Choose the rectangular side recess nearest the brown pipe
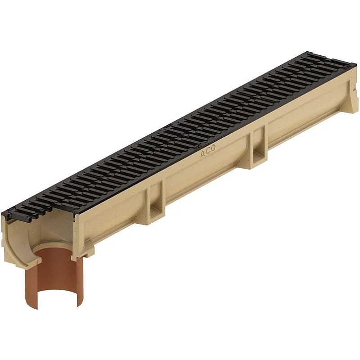click(156, 198)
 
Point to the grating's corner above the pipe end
click(6, 212)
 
